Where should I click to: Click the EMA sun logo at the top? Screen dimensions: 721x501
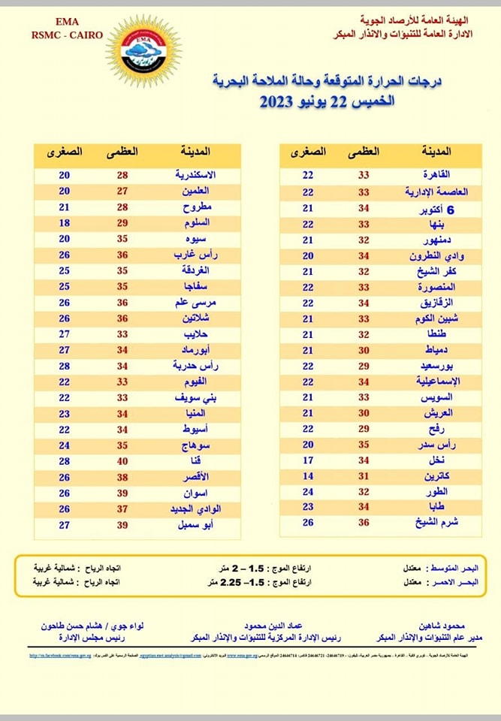[143, 50]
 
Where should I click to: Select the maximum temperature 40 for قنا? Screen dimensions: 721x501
[123, 460]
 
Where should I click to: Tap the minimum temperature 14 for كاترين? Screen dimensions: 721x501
[308, 476]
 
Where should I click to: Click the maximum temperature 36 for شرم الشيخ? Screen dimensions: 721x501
[363, 523]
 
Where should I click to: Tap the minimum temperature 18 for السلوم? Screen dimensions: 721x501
[65, 223]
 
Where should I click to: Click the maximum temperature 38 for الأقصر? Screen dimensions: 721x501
[123, 477]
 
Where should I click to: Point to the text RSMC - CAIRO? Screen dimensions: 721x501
[66, 34]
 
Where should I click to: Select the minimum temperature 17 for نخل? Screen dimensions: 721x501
[308, 460]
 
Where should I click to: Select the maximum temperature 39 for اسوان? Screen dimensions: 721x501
[123, 493]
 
